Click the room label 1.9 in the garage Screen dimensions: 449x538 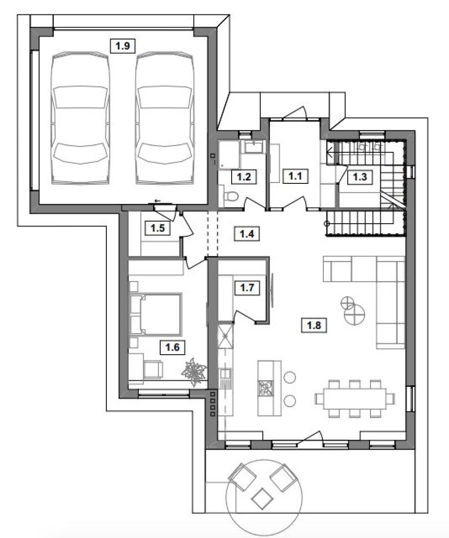123,46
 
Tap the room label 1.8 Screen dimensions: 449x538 314,325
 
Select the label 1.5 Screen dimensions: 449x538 158,228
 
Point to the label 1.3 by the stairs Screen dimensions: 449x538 360,177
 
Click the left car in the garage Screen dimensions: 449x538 80,118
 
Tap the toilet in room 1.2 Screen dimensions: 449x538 229,197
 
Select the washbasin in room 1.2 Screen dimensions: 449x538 254,147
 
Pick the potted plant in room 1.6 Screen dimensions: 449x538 194,372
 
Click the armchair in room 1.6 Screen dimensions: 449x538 153,369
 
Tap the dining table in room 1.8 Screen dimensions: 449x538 355,399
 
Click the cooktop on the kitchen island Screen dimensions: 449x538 265,388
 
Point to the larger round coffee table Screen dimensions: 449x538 354,314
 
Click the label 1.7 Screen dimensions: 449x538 247,288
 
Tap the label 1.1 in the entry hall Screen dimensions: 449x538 295,176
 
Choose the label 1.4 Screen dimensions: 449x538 247,234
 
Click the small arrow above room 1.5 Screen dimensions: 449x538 158,200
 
